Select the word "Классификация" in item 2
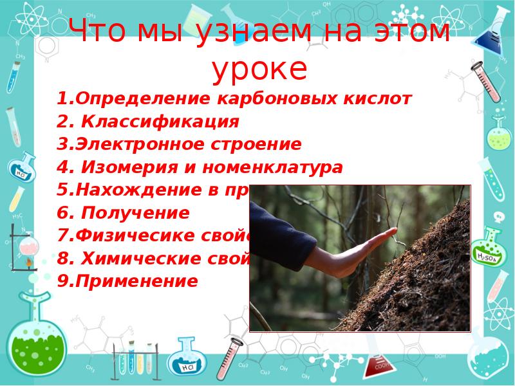click(160, 122)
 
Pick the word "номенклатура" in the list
click(273, 168)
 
